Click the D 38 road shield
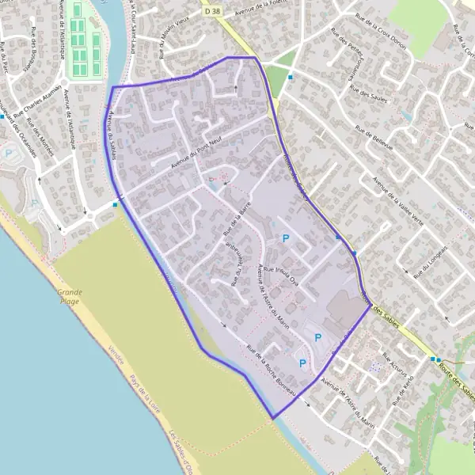[211, 12]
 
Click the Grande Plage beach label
[70, 296]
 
